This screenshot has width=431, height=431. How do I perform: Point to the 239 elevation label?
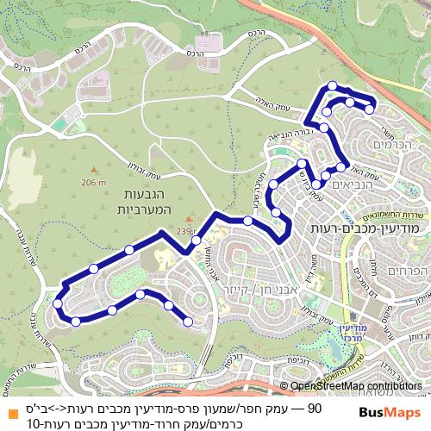point(208,230)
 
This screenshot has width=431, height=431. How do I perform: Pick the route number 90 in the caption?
point(315,406)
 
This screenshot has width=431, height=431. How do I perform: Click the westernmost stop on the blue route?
point(57,303)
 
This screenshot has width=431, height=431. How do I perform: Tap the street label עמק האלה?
point(258,103)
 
